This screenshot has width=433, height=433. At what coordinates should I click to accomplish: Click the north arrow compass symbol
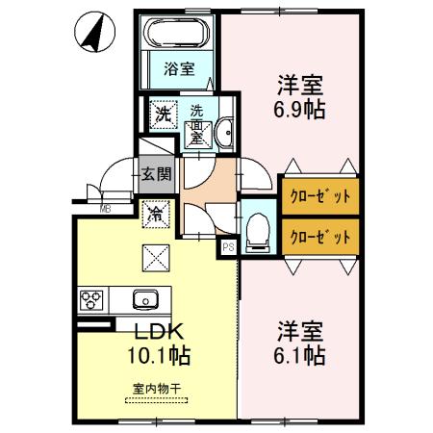[x=94, y=32]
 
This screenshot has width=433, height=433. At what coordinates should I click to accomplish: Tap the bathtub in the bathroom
[x=176, y=33]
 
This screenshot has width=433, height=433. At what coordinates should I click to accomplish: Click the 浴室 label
[x=179, y=68]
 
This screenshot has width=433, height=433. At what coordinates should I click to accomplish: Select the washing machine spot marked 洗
[x=164, y=115]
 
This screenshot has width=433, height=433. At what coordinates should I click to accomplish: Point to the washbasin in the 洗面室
[x=225, y=132]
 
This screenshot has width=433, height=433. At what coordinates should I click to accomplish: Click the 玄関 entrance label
[x=157, y=174]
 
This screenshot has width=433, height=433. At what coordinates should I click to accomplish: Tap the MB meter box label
[x=105, y=210]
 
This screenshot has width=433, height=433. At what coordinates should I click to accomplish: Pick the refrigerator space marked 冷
[x=156, y=214]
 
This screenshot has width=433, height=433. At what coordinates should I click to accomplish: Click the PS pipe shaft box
[x=228, y=247]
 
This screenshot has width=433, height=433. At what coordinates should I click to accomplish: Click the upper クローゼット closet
[x=320, y=196]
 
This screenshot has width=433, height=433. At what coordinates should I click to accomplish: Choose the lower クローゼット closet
[x=320, y=237]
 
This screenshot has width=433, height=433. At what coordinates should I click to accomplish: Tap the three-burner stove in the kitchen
[x=91, y=300]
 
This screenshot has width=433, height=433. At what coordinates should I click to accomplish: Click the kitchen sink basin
[x=145, y=300]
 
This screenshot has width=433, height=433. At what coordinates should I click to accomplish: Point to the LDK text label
[x=159, y=331]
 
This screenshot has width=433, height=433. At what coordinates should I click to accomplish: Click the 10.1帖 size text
[x=159, y=355]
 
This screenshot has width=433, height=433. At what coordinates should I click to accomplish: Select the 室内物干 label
[x=157, y=389]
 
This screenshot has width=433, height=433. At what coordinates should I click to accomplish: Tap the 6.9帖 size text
[x=299, y=110]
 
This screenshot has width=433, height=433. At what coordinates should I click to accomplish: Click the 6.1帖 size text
[x=299, y=355]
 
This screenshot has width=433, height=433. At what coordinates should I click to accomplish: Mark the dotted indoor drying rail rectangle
[x=157, y=400]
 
